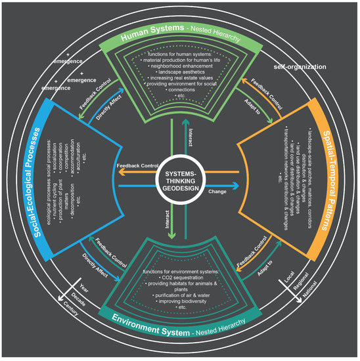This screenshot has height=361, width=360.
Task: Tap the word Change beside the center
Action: pos(217,193)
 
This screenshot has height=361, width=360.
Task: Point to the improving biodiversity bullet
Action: pos(176,304)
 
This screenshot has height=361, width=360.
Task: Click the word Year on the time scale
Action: pos(83,288)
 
